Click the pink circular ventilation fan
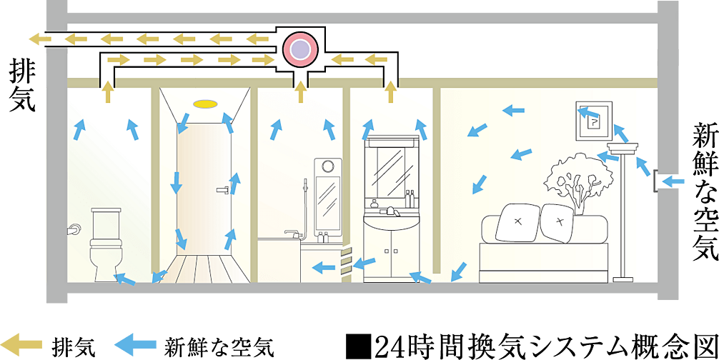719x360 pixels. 300,49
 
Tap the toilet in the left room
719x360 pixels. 106,247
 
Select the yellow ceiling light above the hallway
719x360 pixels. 205,104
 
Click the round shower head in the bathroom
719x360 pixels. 328,166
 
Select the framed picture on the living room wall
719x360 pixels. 593,121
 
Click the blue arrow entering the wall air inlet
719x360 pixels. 675,181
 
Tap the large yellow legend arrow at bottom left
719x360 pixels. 23,344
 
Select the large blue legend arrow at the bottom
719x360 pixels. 135,344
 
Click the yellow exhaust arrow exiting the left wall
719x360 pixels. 35,39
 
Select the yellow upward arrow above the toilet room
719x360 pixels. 108,92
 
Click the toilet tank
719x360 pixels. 106,221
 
